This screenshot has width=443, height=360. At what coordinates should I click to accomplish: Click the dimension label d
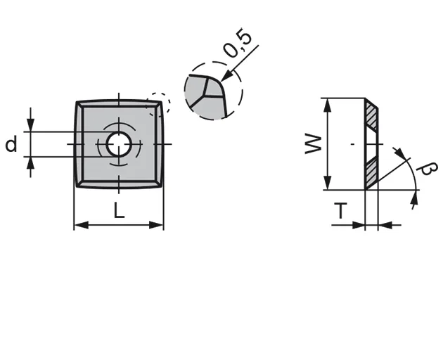pyautogui.click(x=11, y=145)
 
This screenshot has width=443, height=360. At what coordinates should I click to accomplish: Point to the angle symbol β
pyautogui.click(x=427, y=171)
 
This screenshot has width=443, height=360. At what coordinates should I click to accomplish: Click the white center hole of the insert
pyautogui.click(x=118, y=144)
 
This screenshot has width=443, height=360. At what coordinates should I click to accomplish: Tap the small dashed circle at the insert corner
pyautogui.click(x=159, y=103)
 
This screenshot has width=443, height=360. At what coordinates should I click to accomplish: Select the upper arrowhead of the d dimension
pyautogui.click(x=31, y=127)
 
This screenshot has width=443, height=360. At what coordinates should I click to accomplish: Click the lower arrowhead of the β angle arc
pyautogui.click(x=414, y=201)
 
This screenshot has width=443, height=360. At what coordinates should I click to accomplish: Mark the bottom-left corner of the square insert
pyautogui.click(x=76, y=187)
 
